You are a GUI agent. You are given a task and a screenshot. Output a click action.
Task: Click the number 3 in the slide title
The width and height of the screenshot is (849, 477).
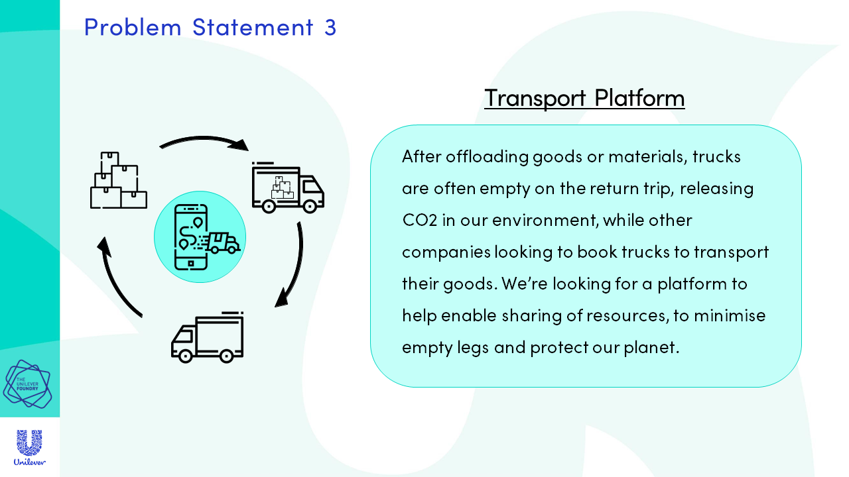[330, 27]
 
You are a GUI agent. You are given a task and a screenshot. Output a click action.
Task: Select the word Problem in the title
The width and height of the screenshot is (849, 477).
[133, 27]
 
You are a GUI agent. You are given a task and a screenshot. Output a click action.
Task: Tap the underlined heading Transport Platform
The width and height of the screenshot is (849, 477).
[584, 98]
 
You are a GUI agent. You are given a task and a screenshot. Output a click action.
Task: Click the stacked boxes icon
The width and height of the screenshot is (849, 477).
[119, 180]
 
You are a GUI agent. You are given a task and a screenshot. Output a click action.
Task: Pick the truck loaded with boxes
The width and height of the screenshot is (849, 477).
[288, 187]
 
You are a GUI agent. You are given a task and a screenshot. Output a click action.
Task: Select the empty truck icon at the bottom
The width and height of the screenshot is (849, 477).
[208, 337]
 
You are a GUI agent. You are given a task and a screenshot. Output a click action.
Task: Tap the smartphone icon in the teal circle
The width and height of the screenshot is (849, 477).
[190, 237]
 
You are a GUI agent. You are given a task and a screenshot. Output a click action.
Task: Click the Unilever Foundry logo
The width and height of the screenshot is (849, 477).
[27, 384]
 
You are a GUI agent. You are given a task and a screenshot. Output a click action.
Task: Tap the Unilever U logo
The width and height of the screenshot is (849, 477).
[30, 447]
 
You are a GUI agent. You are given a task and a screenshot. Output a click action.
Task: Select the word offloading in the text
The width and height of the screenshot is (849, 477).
[487, 157]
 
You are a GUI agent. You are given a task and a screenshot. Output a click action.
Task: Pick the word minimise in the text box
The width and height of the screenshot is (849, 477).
[730, 315]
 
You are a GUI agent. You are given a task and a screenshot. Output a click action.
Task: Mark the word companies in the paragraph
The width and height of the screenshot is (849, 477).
[446, 252]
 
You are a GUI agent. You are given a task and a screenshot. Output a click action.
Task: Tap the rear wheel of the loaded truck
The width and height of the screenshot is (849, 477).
[269, 206]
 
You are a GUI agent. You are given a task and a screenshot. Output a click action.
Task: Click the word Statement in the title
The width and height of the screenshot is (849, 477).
[253, 27]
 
